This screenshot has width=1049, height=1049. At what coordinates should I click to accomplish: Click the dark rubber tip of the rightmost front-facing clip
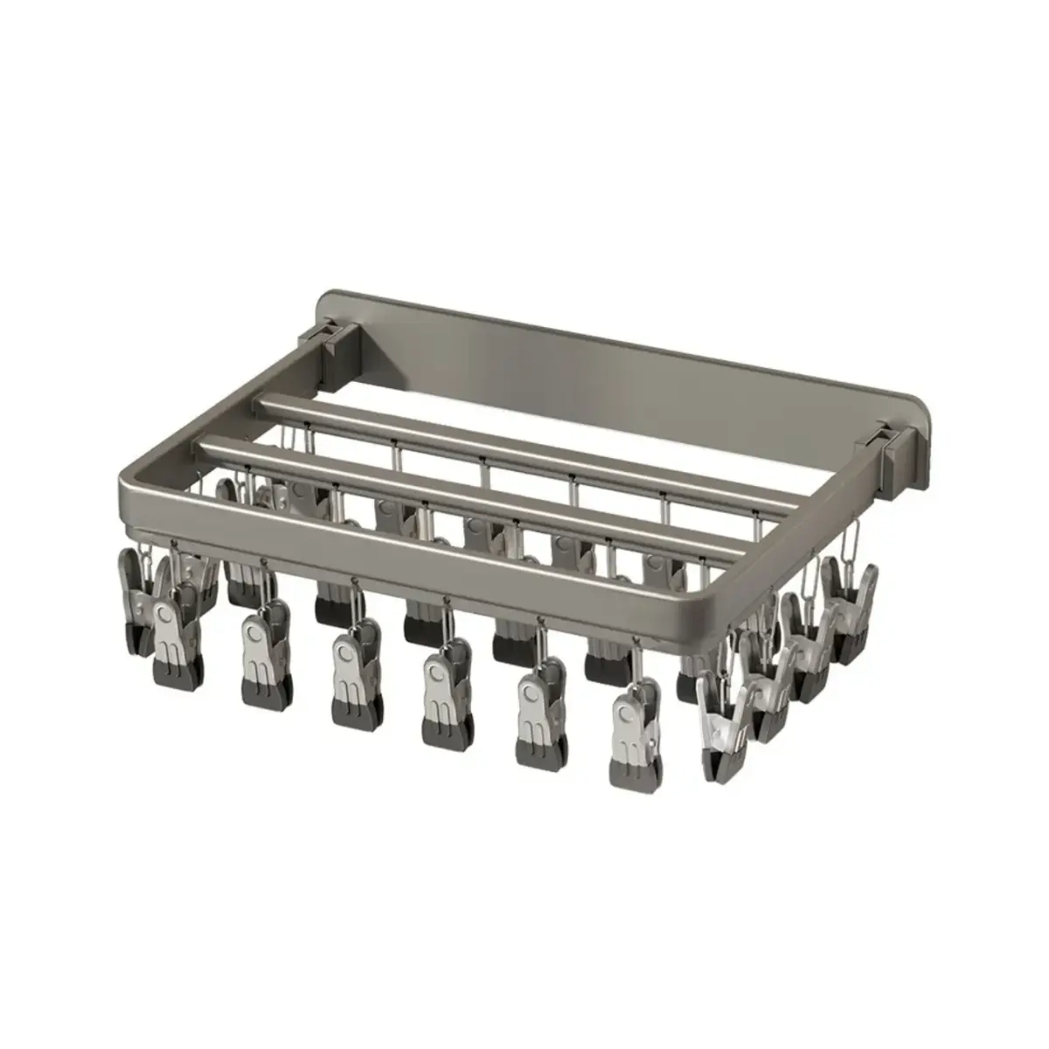[633, 769]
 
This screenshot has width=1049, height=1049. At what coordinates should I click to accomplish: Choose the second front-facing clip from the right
[538, 712]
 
